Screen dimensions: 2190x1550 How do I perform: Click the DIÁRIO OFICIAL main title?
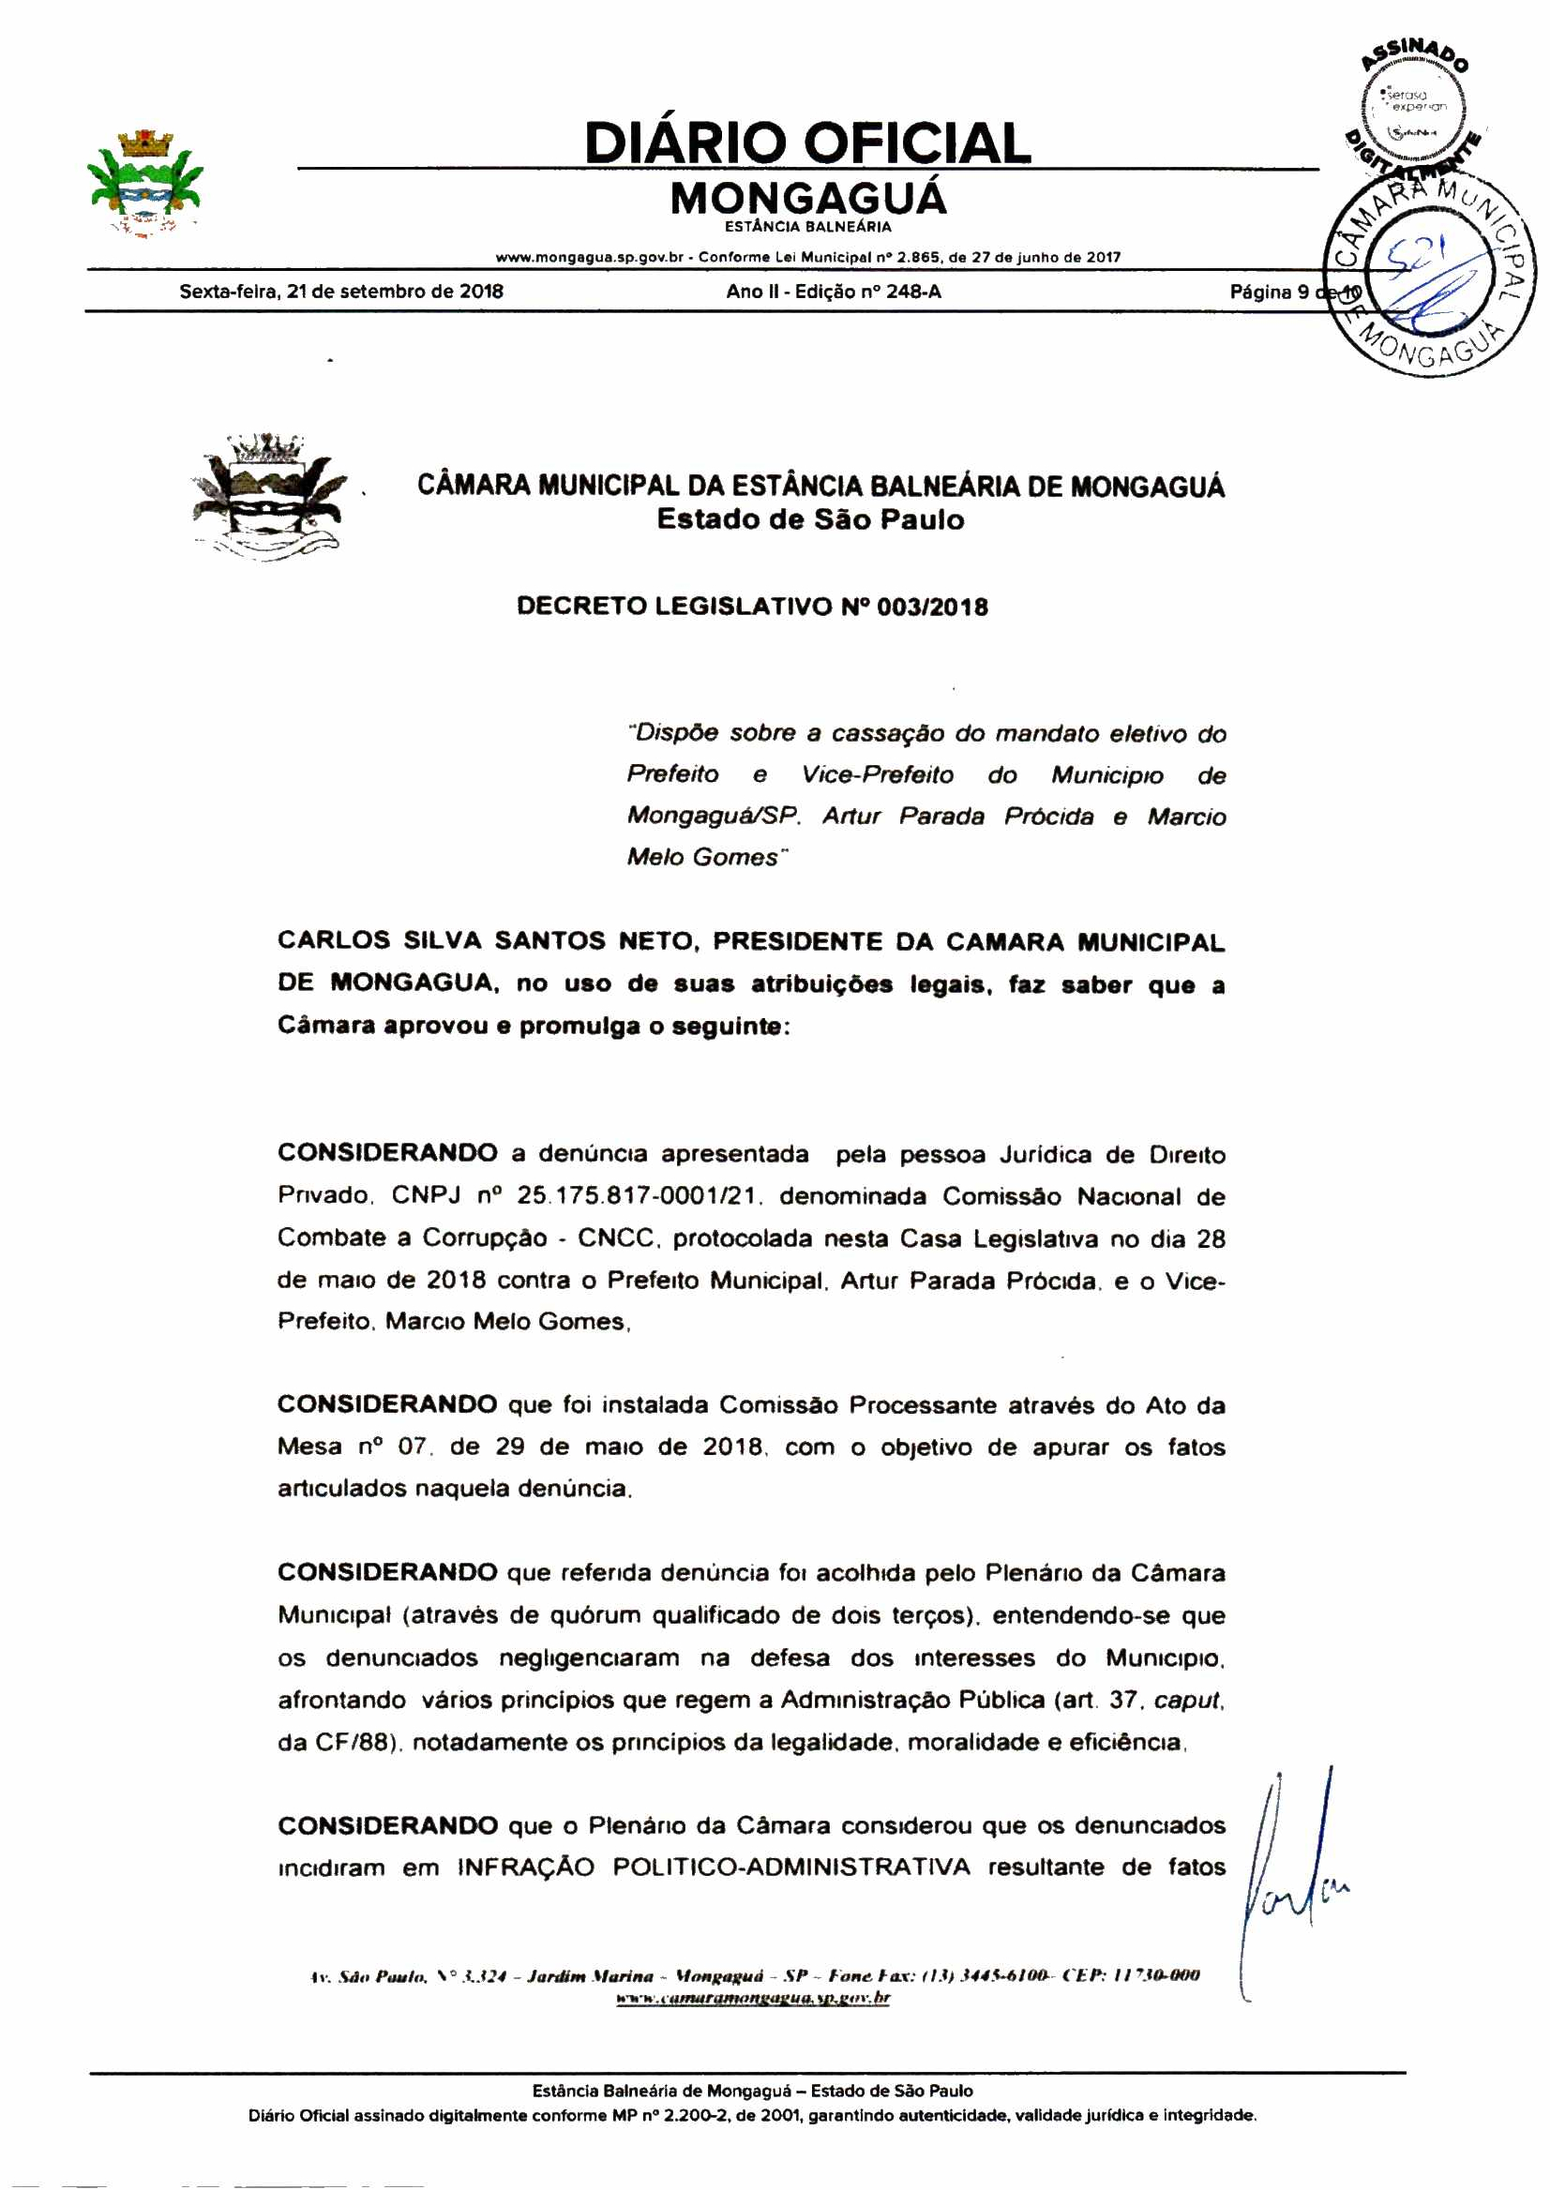pyautogui.click(x=807, y=143)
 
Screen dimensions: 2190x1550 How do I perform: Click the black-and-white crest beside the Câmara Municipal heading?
pyautogui.click(x=267, y=496)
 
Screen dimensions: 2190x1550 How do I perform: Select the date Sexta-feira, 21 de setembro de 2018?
pyautogui.click(x=340, y=292)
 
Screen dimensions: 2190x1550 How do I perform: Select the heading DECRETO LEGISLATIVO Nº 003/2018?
pyautogui.click(x=752, y=607)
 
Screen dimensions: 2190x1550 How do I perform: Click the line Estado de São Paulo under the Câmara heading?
pyautogui.click(x=810, y=520)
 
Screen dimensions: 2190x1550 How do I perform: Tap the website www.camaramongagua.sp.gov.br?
pyautogui.click(x=752, y=1997)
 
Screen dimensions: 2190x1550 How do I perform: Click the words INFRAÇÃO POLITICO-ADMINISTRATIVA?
pyautogui.click(x=713, y=1867)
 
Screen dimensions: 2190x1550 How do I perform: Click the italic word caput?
pyautogui.click(x=1187, y=1700)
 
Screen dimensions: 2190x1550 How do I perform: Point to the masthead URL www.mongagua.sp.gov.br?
pyautogui.click(x=589, y=258)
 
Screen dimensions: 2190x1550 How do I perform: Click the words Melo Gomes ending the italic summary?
pyautogui.click(x=702, y=857)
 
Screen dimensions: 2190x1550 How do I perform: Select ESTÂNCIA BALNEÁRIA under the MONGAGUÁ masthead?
pyautogui.click(x=807, y=227)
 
